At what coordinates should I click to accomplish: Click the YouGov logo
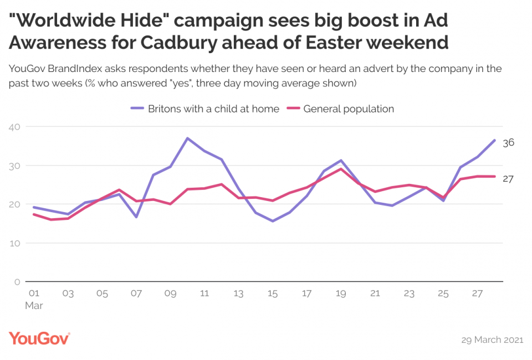coord(39,338)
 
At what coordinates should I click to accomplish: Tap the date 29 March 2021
coord(492,340)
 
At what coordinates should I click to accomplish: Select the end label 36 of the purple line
coord(508,142)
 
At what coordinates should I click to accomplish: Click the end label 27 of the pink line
coord(508,178)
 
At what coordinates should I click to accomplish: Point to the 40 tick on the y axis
coord(14,127)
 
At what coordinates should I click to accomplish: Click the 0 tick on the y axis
coord(17,281)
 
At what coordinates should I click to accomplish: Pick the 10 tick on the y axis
coord(14,243)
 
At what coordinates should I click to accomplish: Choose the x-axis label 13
coord(239,294)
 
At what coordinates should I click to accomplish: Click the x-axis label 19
coord(341,294)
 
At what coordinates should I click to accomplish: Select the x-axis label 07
coord(136,294)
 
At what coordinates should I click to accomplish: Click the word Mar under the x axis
coord(34,305)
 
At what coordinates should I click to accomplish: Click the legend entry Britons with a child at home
coord(213,109)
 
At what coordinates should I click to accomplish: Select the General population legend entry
coord(349,109)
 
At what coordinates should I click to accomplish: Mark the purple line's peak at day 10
coord(188,138)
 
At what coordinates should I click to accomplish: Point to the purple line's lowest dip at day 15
coord(273,221)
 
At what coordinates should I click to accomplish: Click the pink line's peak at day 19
coord(341,168)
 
